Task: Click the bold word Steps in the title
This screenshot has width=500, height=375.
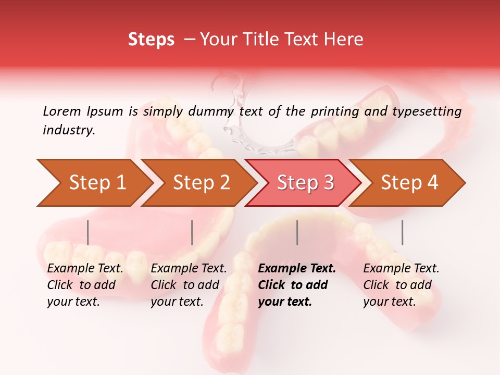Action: coord(151,40)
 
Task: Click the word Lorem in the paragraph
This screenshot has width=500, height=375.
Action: coord(61,111)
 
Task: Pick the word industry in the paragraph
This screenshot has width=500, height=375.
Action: coord(68,130)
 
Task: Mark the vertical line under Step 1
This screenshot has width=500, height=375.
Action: coord(87,232)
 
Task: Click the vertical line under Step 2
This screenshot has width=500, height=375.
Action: coord(192,232)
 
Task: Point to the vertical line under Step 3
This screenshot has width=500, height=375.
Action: coord(297,232)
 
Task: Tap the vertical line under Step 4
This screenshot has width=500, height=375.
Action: coord(402,232)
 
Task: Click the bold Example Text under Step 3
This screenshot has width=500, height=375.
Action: coord(297,269)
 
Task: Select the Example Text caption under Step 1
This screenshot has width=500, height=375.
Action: coord(85,269)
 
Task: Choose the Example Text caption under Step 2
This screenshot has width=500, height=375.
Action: coord(189,269)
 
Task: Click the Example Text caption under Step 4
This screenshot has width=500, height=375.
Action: coord(401,269)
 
